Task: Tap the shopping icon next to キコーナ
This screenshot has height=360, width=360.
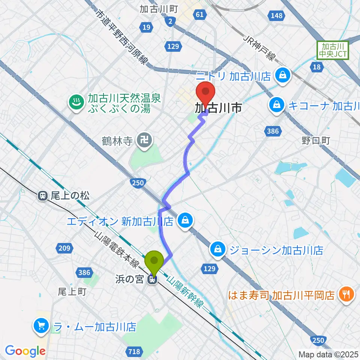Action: point(276,104)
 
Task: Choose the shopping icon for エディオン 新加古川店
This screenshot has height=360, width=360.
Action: point(186,220)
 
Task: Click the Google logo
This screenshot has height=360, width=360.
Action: point(25,351)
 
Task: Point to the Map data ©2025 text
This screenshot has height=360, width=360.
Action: point(328,354)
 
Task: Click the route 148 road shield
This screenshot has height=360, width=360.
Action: point(276,15)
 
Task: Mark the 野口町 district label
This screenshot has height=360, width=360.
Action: point(315,141)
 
